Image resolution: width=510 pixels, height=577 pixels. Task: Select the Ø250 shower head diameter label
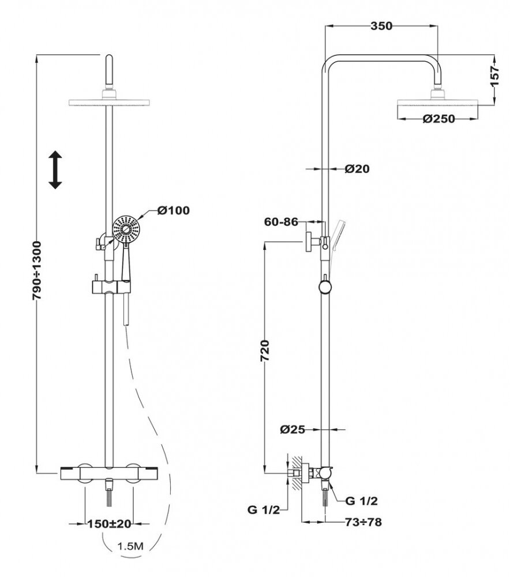pos(438,119)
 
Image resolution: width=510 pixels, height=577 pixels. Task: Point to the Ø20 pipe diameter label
pos(357,169)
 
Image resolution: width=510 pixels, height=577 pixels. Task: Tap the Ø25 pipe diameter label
pos(292,429)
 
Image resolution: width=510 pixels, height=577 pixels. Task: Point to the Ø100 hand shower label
pos(173,210)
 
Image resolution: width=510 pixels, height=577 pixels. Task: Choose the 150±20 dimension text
pos(108,524)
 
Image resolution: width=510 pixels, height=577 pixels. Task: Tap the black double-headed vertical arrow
pos(55,170)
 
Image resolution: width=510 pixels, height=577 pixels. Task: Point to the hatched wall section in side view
pos(296,474)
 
